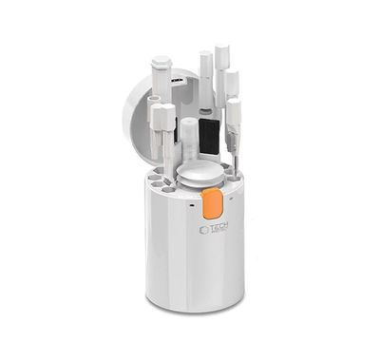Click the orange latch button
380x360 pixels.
213,201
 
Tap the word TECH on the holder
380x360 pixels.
220,229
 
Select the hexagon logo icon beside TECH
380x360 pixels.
203,230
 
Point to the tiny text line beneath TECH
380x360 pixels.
220,237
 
